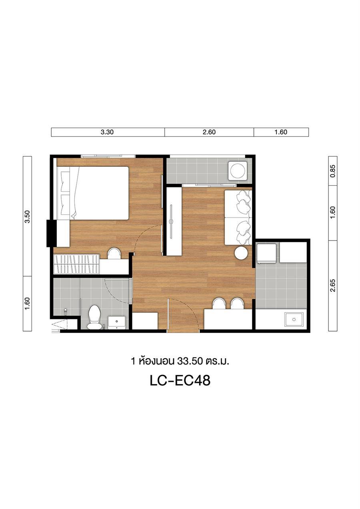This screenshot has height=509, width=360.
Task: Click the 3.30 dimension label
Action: (107, 132)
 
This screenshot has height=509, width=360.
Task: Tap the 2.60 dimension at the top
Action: (209, 132)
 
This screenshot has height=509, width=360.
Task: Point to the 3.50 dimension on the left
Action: (27, 216)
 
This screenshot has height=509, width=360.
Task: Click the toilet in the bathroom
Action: (94, 317)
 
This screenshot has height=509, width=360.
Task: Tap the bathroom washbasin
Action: (116, 323)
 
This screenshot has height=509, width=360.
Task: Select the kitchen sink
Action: (294, 319)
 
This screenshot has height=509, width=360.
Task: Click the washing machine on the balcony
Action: (238, 170)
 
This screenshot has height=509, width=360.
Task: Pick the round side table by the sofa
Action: (241, 252)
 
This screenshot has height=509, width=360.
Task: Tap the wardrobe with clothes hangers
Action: (76, 264)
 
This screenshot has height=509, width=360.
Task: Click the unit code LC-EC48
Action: (180, 381)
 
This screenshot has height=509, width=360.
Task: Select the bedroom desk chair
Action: (114, 253)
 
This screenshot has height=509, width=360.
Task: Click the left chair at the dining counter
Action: (219, 303)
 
